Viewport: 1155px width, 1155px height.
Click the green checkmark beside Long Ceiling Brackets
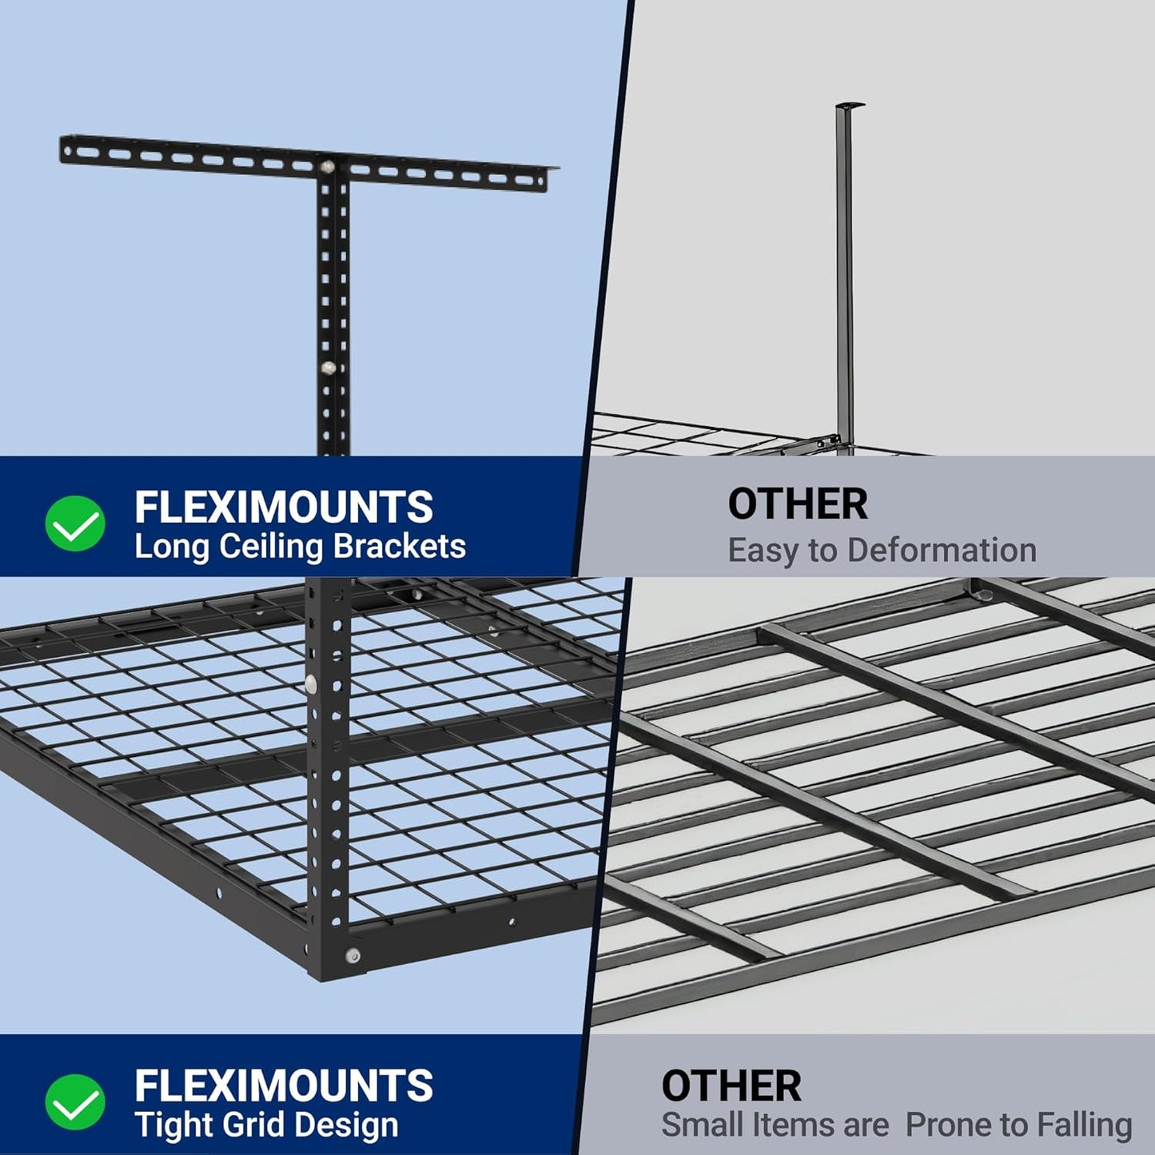click(x=74, y=524)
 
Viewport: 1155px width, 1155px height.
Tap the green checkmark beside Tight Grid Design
click(x=74, y=1102)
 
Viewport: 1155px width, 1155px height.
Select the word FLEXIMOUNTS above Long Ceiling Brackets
click(x=283, y=507)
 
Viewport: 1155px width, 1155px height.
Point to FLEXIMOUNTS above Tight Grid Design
click(x=283, y=1085)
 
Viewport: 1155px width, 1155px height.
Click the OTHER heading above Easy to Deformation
click(x=797, y=504)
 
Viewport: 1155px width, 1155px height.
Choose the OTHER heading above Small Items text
click(x=731, y=1086)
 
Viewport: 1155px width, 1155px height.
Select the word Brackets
click(x=399, y=547)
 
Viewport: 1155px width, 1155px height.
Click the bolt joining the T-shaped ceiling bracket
click(x=329, y=168)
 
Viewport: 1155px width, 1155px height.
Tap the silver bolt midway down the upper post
click(x=328, y=368)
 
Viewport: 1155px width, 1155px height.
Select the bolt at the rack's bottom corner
click(x=352, y=956)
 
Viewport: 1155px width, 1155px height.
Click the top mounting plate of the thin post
click(x=850, y=105)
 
